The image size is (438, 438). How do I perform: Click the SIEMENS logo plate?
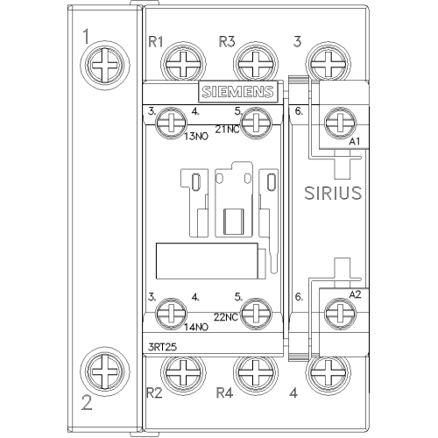pyautogui.click(x=238, y=91)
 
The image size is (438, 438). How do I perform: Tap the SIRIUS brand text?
pyautogui.click(x=333, y=193)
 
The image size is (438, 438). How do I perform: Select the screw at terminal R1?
pyautogui.click(x=183, y=64)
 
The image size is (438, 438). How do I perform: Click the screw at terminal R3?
pyautogui.click(x=256, y=64)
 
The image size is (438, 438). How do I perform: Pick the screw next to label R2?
pyautogui.click(x=183, y=374)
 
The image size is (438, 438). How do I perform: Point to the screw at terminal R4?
pyautogui.click(x=256, y=374)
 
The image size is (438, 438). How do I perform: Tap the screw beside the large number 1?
pyautogui.click(x=105, y=66)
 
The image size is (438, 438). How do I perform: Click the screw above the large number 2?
pyautogui.click(x=105, y=372)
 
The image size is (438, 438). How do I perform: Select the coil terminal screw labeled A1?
pyautogui.click(x=341, y=123)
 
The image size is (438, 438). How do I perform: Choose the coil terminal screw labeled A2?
pyautogui.click(x=341, y=313)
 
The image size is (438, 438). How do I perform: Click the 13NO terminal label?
pyautogui.click(x=196, y=137)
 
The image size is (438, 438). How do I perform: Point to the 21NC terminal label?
pyautogui.click(x=227, y=130)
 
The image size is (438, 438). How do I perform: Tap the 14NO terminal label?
pyautogui.click(x=196, y=328)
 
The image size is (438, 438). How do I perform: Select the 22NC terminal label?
pyautogui.click(x=226, y=317)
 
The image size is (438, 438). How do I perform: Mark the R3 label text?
pyautogui.click(x=227, y=42)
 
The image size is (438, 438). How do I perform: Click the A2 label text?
pyautogui.click(x=356, y=294)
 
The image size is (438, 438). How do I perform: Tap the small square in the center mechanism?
pyautogui.click(x=234, y=222)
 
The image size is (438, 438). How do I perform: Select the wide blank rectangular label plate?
pyautogui.click(x=207, y=261)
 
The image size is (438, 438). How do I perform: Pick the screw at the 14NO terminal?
pyautogui.click(x=171, y=313)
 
